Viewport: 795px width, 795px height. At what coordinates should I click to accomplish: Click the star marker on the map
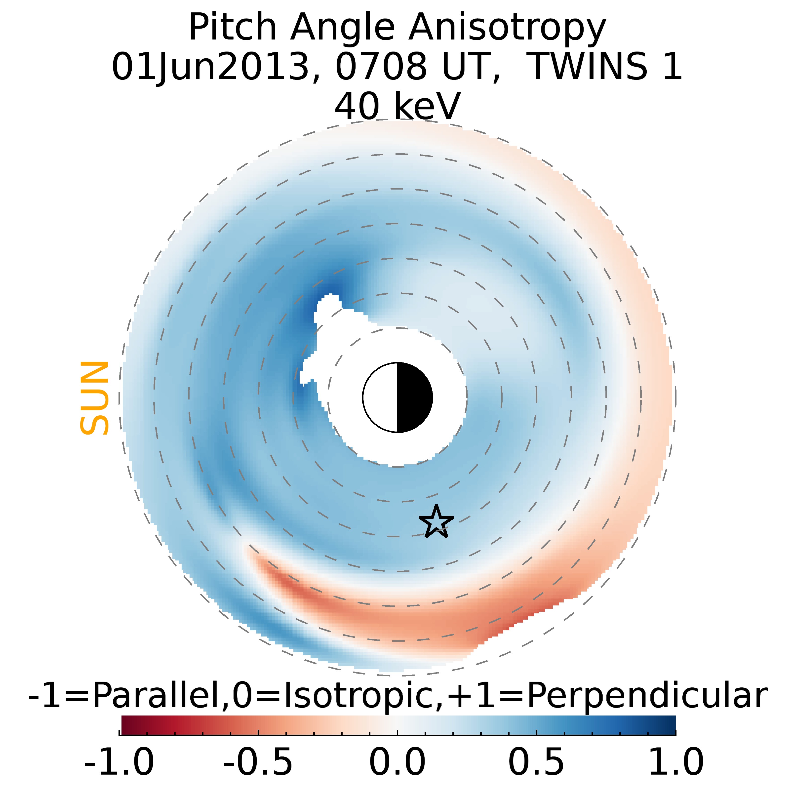click(436, 522)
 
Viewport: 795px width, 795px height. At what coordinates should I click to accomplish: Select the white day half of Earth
click(380, 397)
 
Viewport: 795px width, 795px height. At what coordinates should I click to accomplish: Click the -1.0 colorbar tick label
click(119, 762)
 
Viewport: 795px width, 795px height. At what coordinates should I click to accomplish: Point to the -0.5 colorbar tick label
click(258, 762)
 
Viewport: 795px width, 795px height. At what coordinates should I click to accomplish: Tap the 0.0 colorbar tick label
click(397, 762)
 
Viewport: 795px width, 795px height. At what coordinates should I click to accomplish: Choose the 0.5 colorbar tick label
click(536, 762)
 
